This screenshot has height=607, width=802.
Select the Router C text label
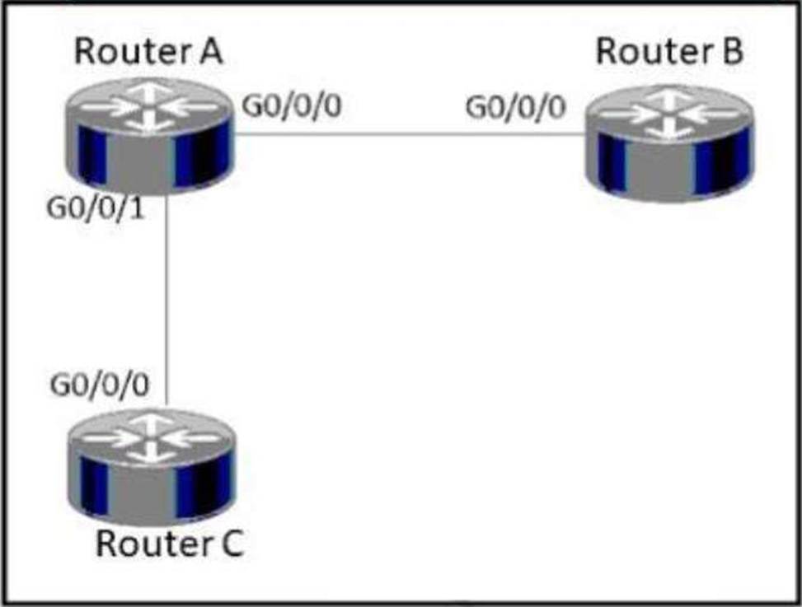click(x=170, y=544)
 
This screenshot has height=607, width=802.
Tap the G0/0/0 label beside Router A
click(x=291, y=107)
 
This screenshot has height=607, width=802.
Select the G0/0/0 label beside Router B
click(x=516, y=107)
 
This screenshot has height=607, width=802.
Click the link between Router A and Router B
click(x=412, y=133)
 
